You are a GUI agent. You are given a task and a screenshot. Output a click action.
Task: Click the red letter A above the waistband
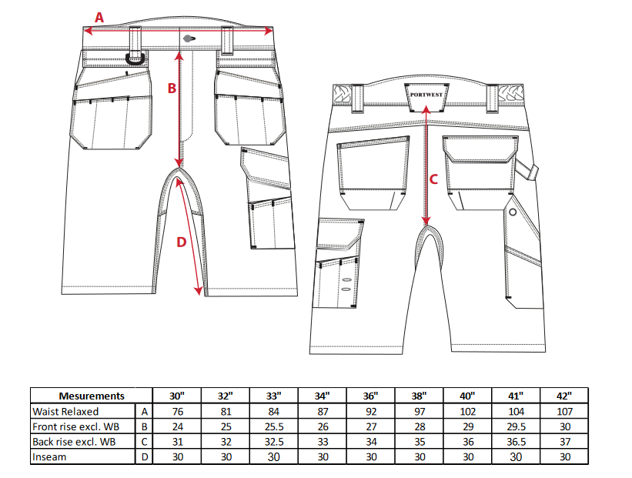click(x=99, y=18)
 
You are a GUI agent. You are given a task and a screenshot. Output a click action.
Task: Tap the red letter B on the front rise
click(x=172, y=89)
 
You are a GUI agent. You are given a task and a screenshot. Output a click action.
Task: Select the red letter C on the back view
click(x=433, y=179)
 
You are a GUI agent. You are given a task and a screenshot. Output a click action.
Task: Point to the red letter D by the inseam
click(x=182, y=242)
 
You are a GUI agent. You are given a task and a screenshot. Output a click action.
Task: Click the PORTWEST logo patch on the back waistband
click(x=426, y=97)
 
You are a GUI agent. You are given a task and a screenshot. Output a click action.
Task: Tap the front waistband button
click(x=189, y=38)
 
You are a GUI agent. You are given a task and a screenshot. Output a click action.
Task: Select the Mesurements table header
click(x=92, y=396)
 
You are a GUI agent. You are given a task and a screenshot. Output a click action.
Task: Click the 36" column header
click(x=370, y=396)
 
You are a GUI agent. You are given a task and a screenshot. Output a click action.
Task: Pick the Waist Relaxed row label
click(x=65, y=412)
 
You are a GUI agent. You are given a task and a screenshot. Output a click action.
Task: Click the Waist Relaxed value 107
click(x=564, y=412)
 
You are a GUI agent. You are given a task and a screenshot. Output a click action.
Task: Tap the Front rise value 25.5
click(x=274, y=427)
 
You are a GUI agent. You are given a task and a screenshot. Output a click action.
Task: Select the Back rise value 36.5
click(x=516, y=442)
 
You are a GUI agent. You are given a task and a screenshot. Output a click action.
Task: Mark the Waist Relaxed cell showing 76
click(x=177, y=412)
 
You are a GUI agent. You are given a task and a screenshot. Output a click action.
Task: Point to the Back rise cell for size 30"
click(x=177, y=442)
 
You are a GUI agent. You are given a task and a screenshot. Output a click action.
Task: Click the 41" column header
click(x=516, y=396)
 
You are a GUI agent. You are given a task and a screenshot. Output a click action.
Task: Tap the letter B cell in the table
click(x=144, y=427)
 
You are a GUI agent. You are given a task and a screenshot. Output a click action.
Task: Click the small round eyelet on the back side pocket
click(x=513, y=212)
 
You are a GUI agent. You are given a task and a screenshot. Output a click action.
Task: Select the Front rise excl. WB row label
click(x=75, y=427)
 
